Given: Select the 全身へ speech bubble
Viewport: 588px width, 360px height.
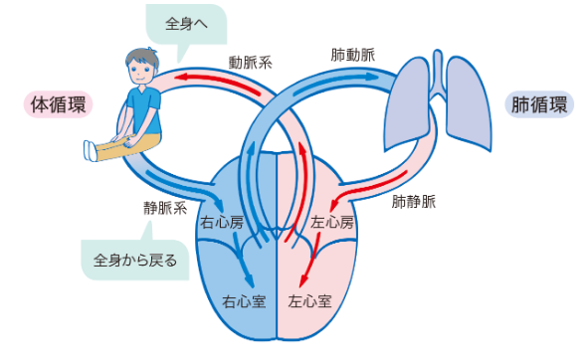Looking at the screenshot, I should coord(185,22).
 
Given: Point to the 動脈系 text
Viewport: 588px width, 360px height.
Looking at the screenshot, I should coord(250,62).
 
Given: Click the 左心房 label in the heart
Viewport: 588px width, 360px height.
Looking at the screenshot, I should coord(332,224).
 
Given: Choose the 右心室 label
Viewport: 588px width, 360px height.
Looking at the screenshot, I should coord(243,298).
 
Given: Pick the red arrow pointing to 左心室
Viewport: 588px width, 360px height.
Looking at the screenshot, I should coord(316,261).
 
